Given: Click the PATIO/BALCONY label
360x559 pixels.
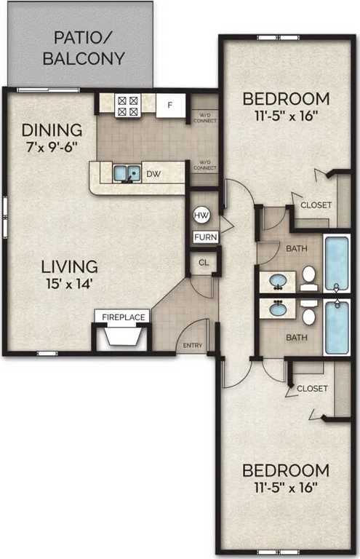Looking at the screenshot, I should point(84,48).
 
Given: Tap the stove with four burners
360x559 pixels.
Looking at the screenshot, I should point(127,106).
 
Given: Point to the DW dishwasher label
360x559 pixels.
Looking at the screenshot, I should point(153,174).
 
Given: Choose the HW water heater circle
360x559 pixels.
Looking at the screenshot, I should point(201,215).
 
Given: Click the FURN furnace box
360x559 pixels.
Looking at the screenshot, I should point(201,237).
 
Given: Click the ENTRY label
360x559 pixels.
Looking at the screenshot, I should point(193,345).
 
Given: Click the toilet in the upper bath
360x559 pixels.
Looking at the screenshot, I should point(309,275).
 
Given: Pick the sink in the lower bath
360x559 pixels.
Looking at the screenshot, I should point(278,309).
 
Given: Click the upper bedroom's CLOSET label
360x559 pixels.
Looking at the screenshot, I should point(316,205).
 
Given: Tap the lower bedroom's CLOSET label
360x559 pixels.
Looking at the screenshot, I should point(312,389).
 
